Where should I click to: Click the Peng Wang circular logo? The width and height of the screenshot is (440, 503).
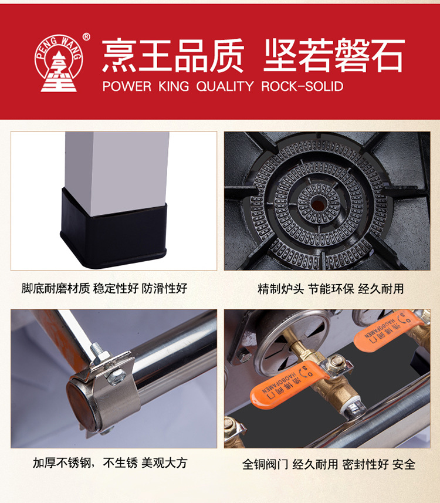(59, 63)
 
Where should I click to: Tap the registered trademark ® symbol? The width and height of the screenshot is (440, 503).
(86, 37)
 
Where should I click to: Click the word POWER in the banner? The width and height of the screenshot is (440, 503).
(127, 86)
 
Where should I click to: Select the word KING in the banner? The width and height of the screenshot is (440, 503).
(174, 86)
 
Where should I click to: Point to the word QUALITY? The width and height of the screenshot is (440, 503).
(225, 86)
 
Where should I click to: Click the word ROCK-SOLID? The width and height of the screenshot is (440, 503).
(302, 86)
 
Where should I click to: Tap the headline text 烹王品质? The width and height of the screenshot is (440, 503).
(173, 55)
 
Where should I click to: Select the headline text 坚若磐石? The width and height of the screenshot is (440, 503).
(334, 55)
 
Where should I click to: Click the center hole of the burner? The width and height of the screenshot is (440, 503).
(318, 204)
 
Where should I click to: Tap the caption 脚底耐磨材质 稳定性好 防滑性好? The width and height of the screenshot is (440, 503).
(104, 288)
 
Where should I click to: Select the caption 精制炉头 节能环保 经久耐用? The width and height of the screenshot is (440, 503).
(331, 289)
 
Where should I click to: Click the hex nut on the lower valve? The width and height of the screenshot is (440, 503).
(336, 362)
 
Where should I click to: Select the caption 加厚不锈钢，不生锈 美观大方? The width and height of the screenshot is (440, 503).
(110, 463)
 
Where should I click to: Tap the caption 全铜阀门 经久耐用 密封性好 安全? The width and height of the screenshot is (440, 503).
(329, 464)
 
